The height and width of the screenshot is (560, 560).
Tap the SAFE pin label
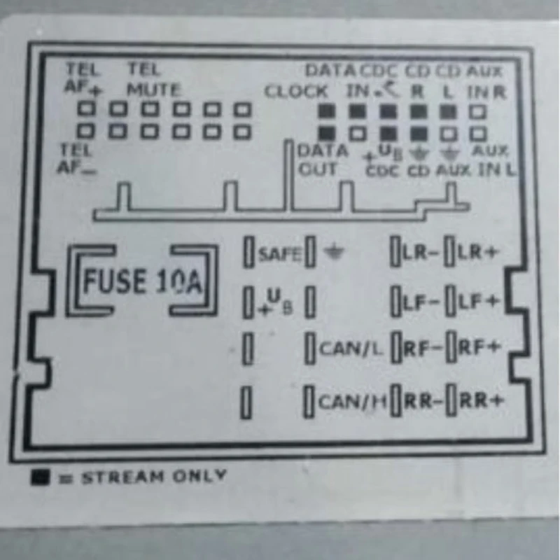tap(279, 253)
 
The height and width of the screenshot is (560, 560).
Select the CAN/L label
tap(351, 348)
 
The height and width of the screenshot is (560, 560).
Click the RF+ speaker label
tap(479, 348)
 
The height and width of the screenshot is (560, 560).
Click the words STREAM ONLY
tap(154, 478)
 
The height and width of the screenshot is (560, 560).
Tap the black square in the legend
tap(41, 477)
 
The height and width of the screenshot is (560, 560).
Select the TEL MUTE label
tap(153, 80)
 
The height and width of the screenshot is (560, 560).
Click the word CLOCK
tap(296, 92)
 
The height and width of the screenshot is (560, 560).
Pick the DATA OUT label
tap(321, 160)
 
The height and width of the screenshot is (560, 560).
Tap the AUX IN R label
tap(485, 80)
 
